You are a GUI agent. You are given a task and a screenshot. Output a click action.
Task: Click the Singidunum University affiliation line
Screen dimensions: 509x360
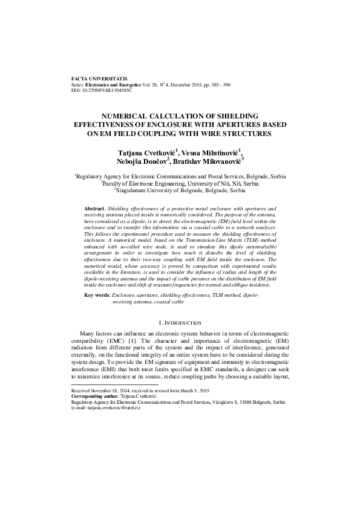180,190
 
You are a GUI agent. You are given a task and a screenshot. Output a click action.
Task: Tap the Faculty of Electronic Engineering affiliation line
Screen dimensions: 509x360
180,183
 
